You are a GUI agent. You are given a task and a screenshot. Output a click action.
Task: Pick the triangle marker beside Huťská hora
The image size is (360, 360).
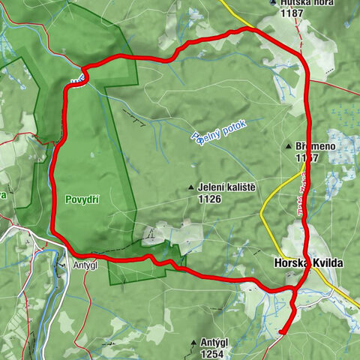(272, 3)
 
